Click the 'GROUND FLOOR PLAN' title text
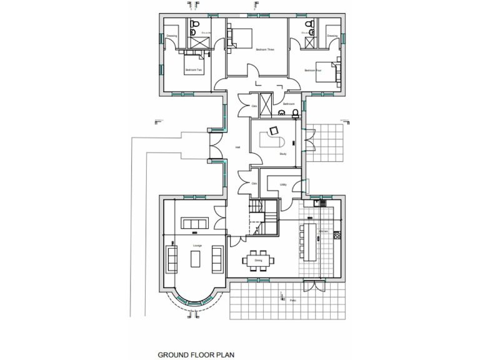coord(196,354)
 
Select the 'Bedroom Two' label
coord(193,70)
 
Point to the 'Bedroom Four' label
coord(311,71)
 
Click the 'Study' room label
coord(283,153)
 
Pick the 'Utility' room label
coord(283,185)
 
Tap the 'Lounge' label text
coord(197,246)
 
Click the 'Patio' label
coord(292,301)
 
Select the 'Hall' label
coord(237,147)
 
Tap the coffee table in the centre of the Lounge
coord(195,257)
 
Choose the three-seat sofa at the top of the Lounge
coord(194,223)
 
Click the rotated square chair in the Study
coord(273,131)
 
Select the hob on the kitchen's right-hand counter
coord(338,236)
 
